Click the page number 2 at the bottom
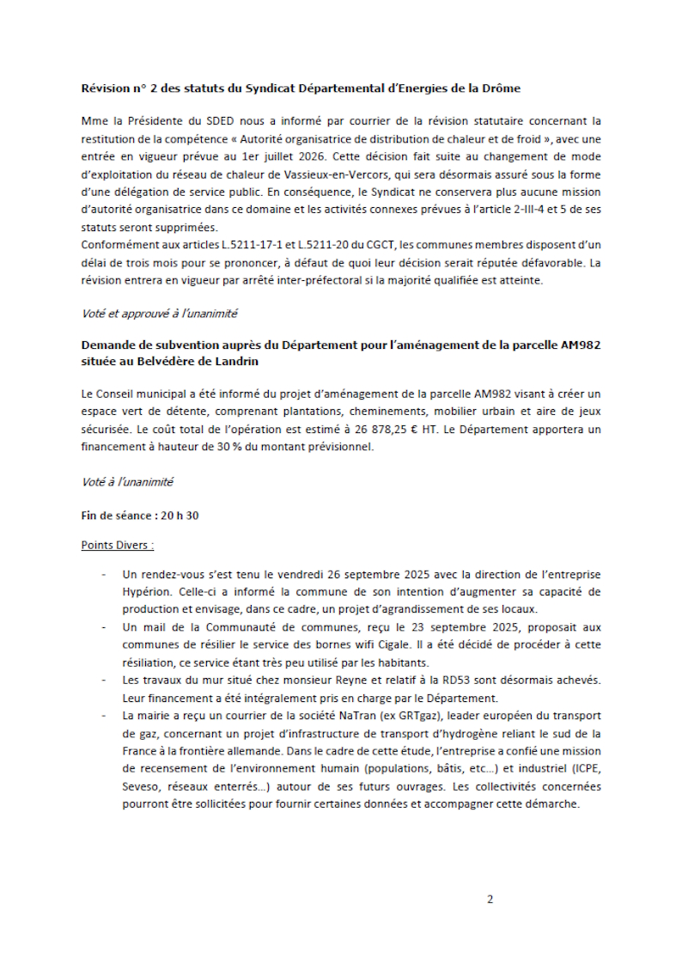pyautogui.click(x=490, y=900)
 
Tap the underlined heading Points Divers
pyautogui.click(x=118, y=545)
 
